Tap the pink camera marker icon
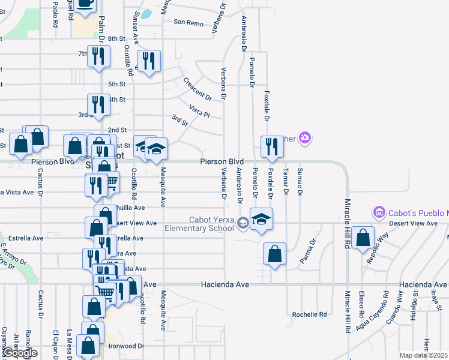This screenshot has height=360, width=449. click(305, 139)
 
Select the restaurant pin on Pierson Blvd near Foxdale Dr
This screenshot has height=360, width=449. click(272, 147)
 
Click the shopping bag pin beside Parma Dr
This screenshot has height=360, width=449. click(274, 253)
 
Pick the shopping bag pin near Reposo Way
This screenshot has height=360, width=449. click(363, 237)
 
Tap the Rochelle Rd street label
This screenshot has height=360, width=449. click(309, 314)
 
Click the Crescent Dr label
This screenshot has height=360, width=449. click(197, 89)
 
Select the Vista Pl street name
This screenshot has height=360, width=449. click(199, 111)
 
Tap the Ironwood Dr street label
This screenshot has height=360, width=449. click(126, 346)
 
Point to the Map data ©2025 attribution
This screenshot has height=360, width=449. click(424, 355)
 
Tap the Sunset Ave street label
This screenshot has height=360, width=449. click(136, 27)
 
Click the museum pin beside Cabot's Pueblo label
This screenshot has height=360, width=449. click(379, 212)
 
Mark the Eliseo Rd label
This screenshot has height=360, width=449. click(361, 305)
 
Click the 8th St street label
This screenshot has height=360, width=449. click(116, 38)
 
